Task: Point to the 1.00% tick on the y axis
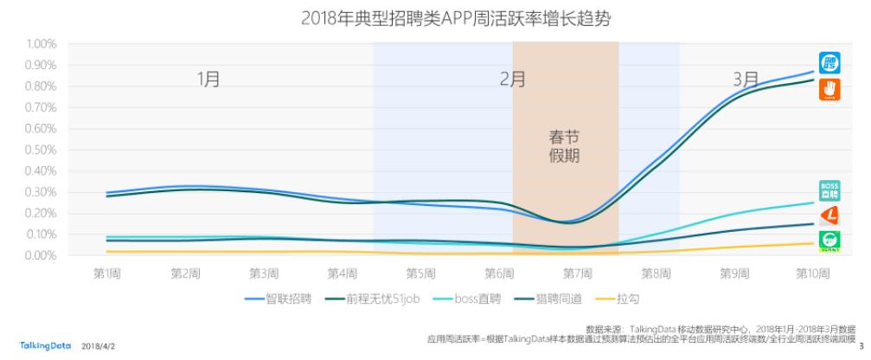click(41, 44)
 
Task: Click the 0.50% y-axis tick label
click(41, 150)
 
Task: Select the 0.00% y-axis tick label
click(41, 256)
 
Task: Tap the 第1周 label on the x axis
click(107, 273)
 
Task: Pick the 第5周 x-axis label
click(421, 273)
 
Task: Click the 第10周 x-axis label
click(813, 273)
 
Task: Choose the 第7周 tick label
click(578, 273)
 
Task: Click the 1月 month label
click(208, 79)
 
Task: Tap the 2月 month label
click(513, 79)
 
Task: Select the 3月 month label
click(746, 79)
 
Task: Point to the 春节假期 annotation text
click(565, 147)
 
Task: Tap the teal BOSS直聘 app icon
click(829, 190)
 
